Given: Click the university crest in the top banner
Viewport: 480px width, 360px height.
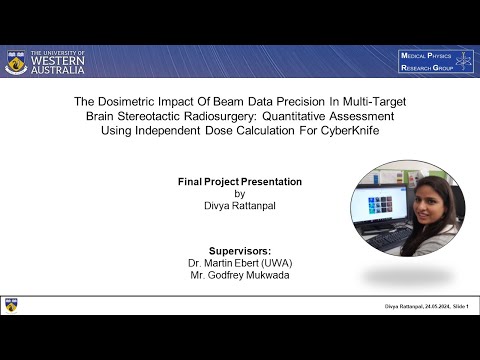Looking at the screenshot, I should [16, 63].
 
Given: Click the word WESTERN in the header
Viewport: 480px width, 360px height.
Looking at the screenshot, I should [58, 62].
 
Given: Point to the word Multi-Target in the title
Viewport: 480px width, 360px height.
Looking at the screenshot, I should [370, 101].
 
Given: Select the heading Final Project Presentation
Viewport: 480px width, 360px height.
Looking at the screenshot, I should [239, 181].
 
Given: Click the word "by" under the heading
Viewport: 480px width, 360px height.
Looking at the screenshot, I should [239, 193].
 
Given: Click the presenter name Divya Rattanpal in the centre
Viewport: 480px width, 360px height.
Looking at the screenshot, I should [239, 205].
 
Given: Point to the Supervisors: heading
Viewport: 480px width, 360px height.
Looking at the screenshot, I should [239, 249].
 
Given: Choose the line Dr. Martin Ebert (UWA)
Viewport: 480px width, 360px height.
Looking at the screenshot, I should [239, 262].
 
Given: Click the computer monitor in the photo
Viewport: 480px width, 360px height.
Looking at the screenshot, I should [380, 211].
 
